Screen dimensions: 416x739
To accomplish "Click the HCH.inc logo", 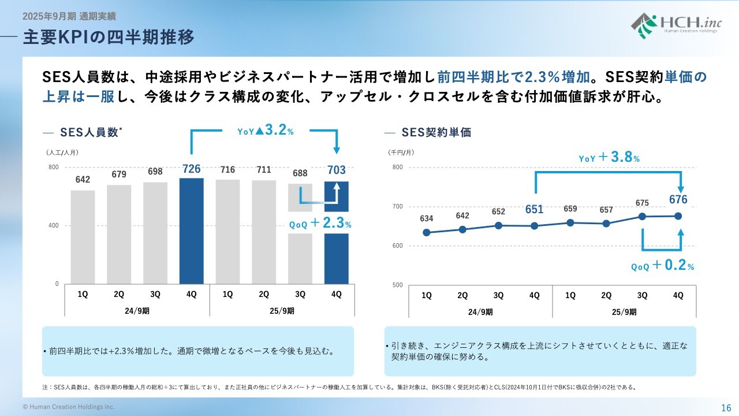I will point(674,24).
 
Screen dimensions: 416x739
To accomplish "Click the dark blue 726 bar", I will point(192,231).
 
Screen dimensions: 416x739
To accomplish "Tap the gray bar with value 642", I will point(83,237).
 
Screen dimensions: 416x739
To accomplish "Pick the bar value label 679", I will point(119,174).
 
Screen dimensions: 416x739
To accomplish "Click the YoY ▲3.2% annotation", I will point(266,131).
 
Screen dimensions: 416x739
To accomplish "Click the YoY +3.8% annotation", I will point(609,157).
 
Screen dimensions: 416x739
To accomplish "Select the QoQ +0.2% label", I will point(663,266).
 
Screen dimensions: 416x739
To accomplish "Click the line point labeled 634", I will point(427,233).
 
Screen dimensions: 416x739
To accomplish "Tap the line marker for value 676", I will point(678,216).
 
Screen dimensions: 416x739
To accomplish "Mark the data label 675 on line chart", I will point(642,203).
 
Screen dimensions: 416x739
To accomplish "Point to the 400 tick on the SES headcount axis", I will point(53,225).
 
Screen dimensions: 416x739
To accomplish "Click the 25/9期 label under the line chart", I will point(624,312).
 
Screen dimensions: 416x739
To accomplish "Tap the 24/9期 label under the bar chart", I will point(137,310).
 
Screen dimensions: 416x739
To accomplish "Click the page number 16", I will point(726,407).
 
